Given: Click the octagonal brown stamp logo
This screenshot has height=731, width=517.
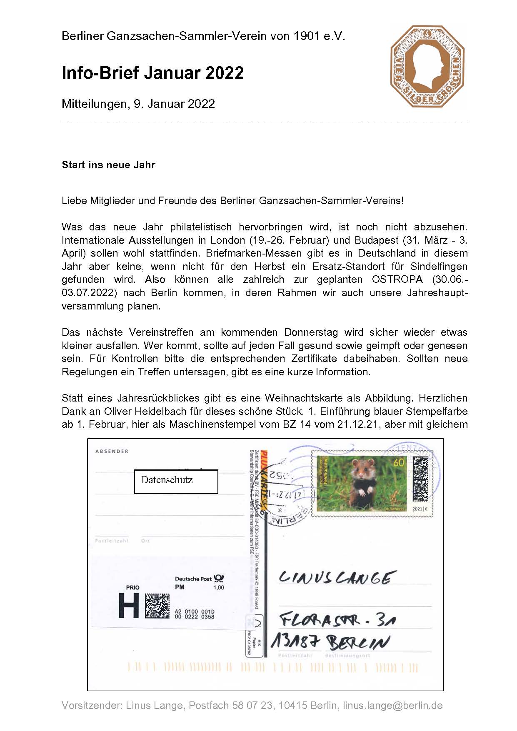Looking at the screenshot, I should pyautogui.click(x=427, y=66).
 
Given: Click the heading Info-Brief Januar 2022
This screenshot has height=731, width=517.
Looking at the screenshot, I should pyautogui.click(x=152, y=73).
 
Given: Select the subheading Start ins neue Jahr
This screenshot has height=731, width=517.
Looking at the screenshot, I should pyautogui.click(x=108, y=165).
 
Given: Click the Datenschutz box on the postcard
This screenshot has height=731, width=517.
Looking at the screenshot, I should pyautogui.click(x=176, y=482).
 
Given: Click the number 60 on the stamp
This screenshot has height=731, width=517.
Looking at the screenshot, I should pyautogui.click(x=399, y=462).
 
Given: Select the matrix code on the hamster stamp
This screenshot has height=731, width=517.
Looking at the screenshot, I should pyautogui.click(x=421, y=479).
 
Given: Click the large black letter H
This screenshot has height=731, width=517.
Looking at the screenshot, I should pyautogui.click(x=129, y=606).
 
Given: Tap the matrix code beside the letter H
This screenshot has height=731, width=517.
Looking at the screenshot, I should pyautogui.click(x=157, y=606).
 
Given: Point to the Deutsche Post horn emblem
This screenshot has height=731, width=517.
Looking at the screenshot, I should pyautogui.click(x=219, y=578).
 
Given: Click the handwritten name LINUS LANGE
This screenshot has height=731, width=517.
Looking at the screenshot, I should pyautogui.click(x=336, y=578).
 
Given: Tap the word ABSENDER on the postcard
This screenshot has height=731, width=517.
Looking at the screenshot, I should pyautogui.click(x=112, y=451).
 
